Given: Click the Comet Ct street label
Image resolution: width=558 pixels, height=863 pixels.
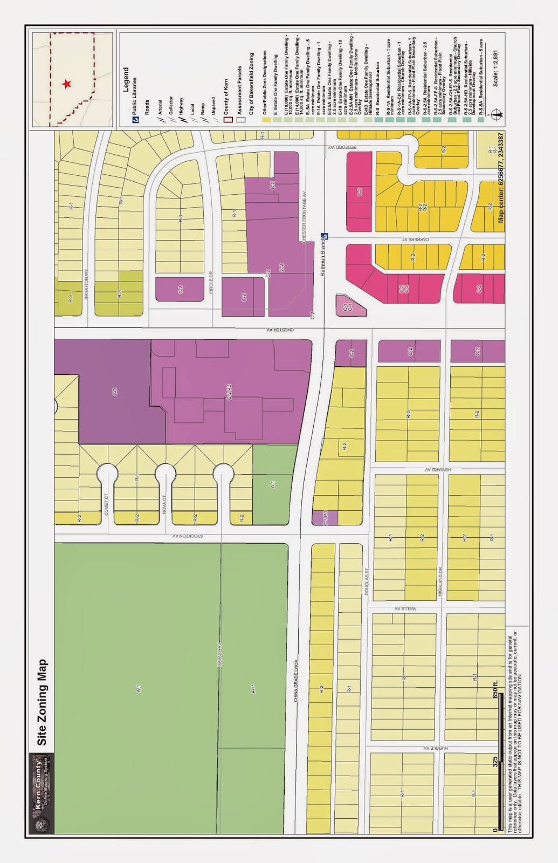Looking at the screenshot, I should pyautogui.click(x=106, y=504).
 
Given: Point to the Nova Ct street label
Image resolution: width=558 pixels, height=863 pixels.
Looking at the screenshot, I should pyautogui.click(x=164, y=504).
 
